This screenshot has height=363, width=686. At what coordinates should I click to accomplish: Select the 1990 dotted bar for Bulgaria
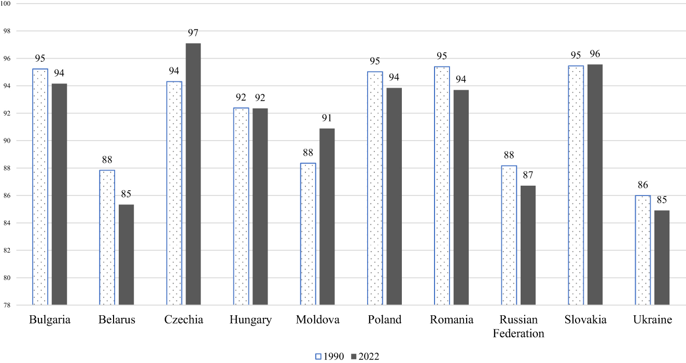pos(40,187)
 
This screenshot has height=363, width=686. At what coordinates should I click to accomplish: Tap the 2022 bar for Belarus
pos(126,255)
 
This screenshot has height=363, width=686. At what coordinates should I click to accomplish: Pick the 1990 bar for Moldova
pos(308,234)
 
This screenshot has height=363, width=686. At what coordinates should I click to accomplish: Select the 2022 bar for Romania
pos(461,197)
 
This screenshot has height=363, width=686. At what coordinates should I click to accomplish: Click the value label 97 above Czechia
pos(193,33)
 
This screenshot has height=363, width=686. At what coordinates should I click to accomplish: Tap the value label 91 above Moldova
pos(327,118)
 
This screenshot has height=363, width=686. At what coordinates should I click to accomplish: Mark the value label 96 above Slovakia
pos(595,54)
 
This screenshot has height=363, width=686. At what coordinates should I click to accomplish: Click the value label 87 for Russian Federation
pos(528,175)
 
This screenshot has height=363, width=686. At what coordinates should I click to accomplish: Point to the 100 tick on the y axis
pos(8,4)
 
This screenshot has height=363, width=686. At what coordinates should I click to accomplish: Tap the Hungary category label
pos(250,320)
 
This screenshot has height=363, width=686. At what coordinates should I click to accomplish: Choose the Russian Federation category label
pos(518,327)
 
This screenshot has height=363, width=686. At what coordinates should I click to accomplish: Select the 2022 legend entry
pos(366,356)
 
